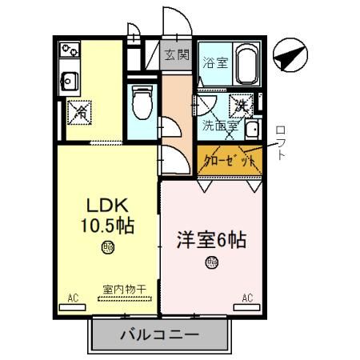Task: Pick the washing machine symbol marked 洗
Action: coord(242,104)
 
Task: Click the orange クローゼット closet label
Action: coord(230,159)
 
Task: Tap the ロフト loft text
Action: coord(280,142)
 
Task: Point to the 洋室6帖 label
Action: coord(211,238)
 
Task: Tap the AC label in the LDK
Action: coord(73,298)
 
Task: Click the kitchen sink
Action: coord(68,78)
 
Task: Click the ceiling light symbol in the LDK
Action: coord(106,248)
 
